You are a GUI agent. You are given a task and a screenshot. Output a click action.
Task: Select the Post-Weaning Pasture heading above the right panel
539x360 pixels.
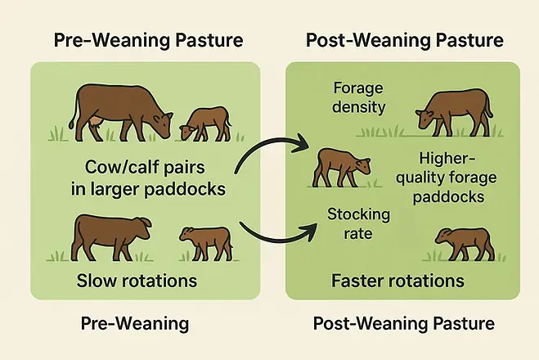coord(404,40)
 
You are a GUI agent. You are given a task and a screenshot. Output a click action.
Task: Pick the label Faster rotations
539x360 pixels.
coord(398,281)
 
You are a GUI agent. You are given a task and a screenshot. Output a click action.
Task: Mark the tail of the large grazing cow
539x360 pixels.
coord(74,111)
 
